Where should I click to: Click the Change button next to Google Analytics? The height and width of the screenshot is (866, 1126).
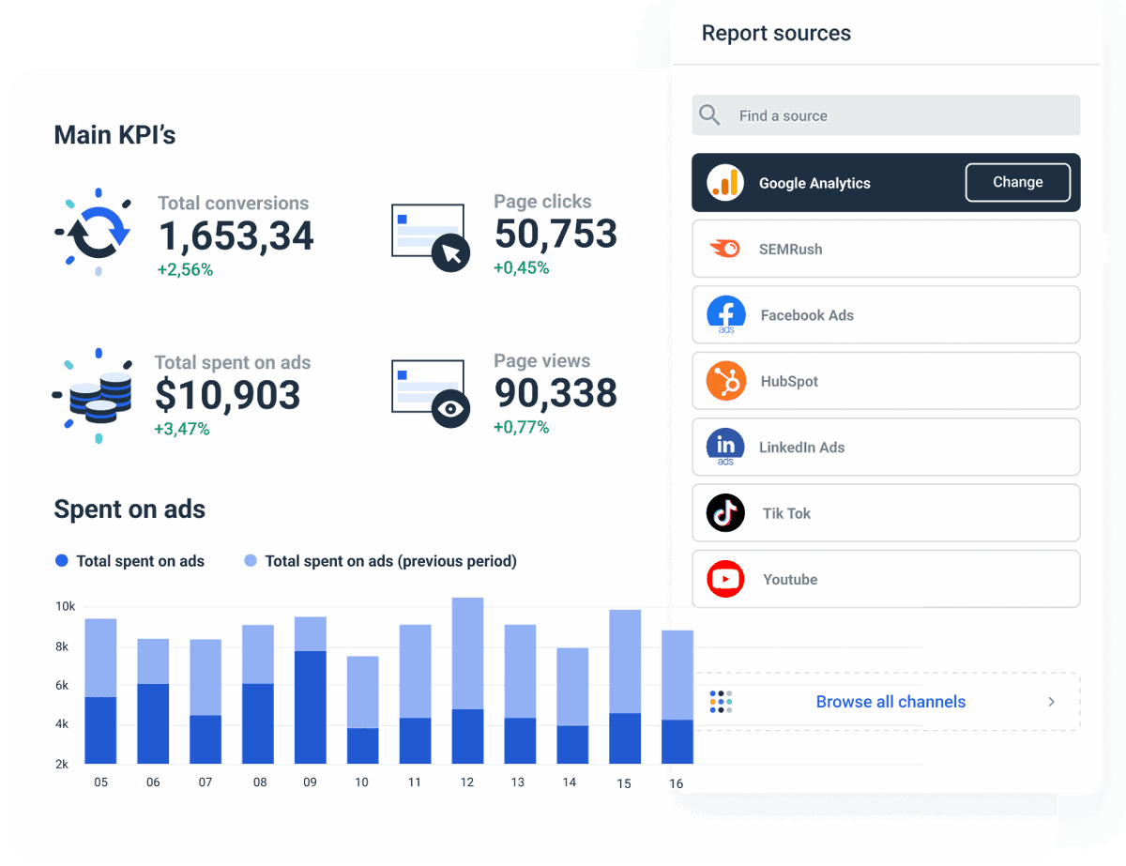coord(1017,183)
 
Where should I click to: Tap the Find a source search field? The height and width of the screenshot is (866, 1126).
coord(886,115)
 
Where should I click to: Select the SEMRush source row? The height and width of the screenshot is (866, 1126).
coord(885,250)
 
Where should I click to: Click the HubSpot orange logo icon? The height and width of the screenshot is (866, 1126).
coord(725,381)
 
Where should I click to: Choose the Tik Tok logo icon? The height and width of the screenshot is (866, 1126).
coord(725,513)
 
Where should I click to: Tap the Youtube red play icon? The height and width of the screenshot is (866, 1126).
coord(725,579)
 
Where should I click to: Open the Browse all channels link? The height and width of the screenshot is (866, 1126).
coord(890,702)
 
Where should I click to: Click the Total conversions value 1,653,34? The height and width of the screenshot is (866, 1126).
coord(236,235)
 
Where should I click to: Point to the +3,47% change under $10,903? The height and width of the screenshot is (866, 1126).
coord(182,430)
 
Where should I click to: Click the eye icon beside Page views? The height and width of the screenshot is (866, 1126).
coord(451,409)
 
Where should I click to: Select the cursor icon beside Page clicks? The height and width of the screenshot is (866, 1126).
coord(451,252)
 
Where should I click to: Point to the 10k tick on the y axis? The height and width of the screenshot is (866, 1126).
coord(65,607)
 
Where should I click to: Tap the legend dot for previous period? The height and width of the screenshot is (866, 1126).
coord(251,561)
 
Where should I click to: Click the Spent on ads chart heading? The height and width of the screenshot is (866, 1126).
coord(129,509)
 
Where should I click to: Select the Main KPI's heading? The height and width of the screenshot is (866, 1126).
coord(114,135)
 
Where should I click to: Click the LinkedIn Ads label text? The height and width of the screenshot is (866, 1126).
coord(802,448)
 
